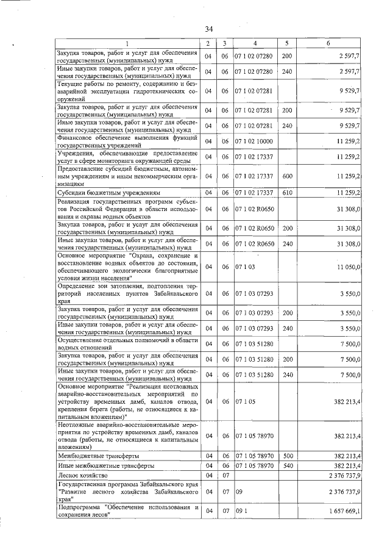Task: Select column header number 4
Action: click(255, 44)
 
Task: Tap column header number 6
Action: click(328, 44)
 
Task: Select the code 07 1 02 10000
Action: click(255, 142)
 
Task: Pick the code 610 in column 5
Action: click(286, 193)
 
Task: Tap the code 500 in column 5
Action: click(286, 456)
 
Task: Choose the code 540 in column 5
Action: click(286, 465)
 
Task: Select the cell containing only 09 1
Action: click(243, 511)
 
